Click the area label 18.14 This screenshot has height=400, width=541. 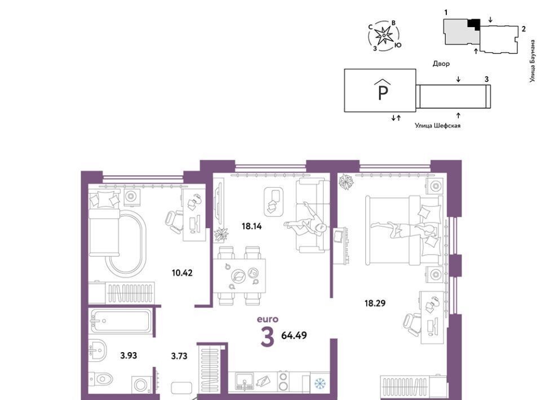(x=251, y=226)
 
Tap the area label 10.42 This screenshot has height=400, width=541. (x=182, y=273)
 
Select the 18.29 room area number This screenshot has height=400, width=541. (x=375, y=304)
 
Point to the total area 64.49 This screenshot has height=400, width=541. (x=294, y=335)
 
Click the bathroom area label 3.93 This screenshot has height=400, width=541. (x=128, y=355)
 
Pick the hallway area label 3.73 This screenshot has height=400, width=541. (x=179, y=356)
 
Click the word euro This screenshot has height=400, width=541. (x=267, y=319)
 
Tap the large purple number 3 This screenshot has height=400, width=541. (x=267, y=336)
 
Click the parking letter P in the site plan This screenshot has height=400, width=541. (x=383, y=92)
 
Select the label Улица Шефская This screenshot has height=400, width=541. (x=437, y=126)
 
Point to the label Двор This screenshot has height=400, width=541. (x=441, y=64)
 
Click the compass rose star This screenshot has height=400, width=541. (x=384, y=35)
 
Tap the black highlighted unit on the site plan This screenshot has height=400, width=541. (x=475, y=24)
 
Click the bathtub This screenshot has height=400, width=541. (x=120, y=321)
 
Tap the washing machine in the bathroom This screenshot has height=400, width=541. (x=141, y=384)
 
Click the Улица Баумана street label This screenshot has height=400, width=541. (x=533, y=61)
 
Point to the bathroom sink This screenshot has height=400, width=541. (x=97, y=349)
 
